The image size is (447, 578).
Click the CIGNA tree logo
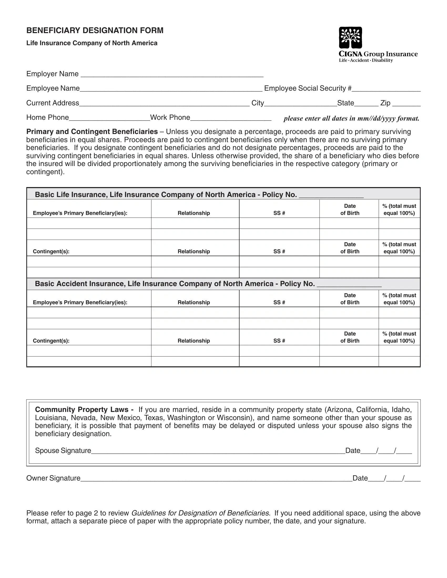(350, 38)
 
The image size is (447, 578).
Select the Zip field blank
(406, 104)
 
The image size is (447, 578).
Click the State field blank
(366, 104)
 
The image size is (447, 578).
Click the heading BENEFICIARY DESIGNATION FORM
(95, 30)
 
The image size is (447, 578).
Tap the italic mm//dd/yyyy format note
(351, 118)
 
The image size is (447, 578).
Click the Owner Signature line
(216, 479)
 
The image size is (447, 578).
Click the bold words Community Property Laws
(82, 410)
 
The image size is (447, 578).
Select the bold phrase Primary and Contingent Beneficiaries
(92, 132)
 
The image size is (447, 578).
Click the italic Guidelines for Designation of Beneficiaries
(200, 513)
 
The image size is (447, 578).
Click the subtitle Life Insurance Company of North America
(92, 43)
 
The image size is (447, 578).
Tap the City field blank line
(300, 104)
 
